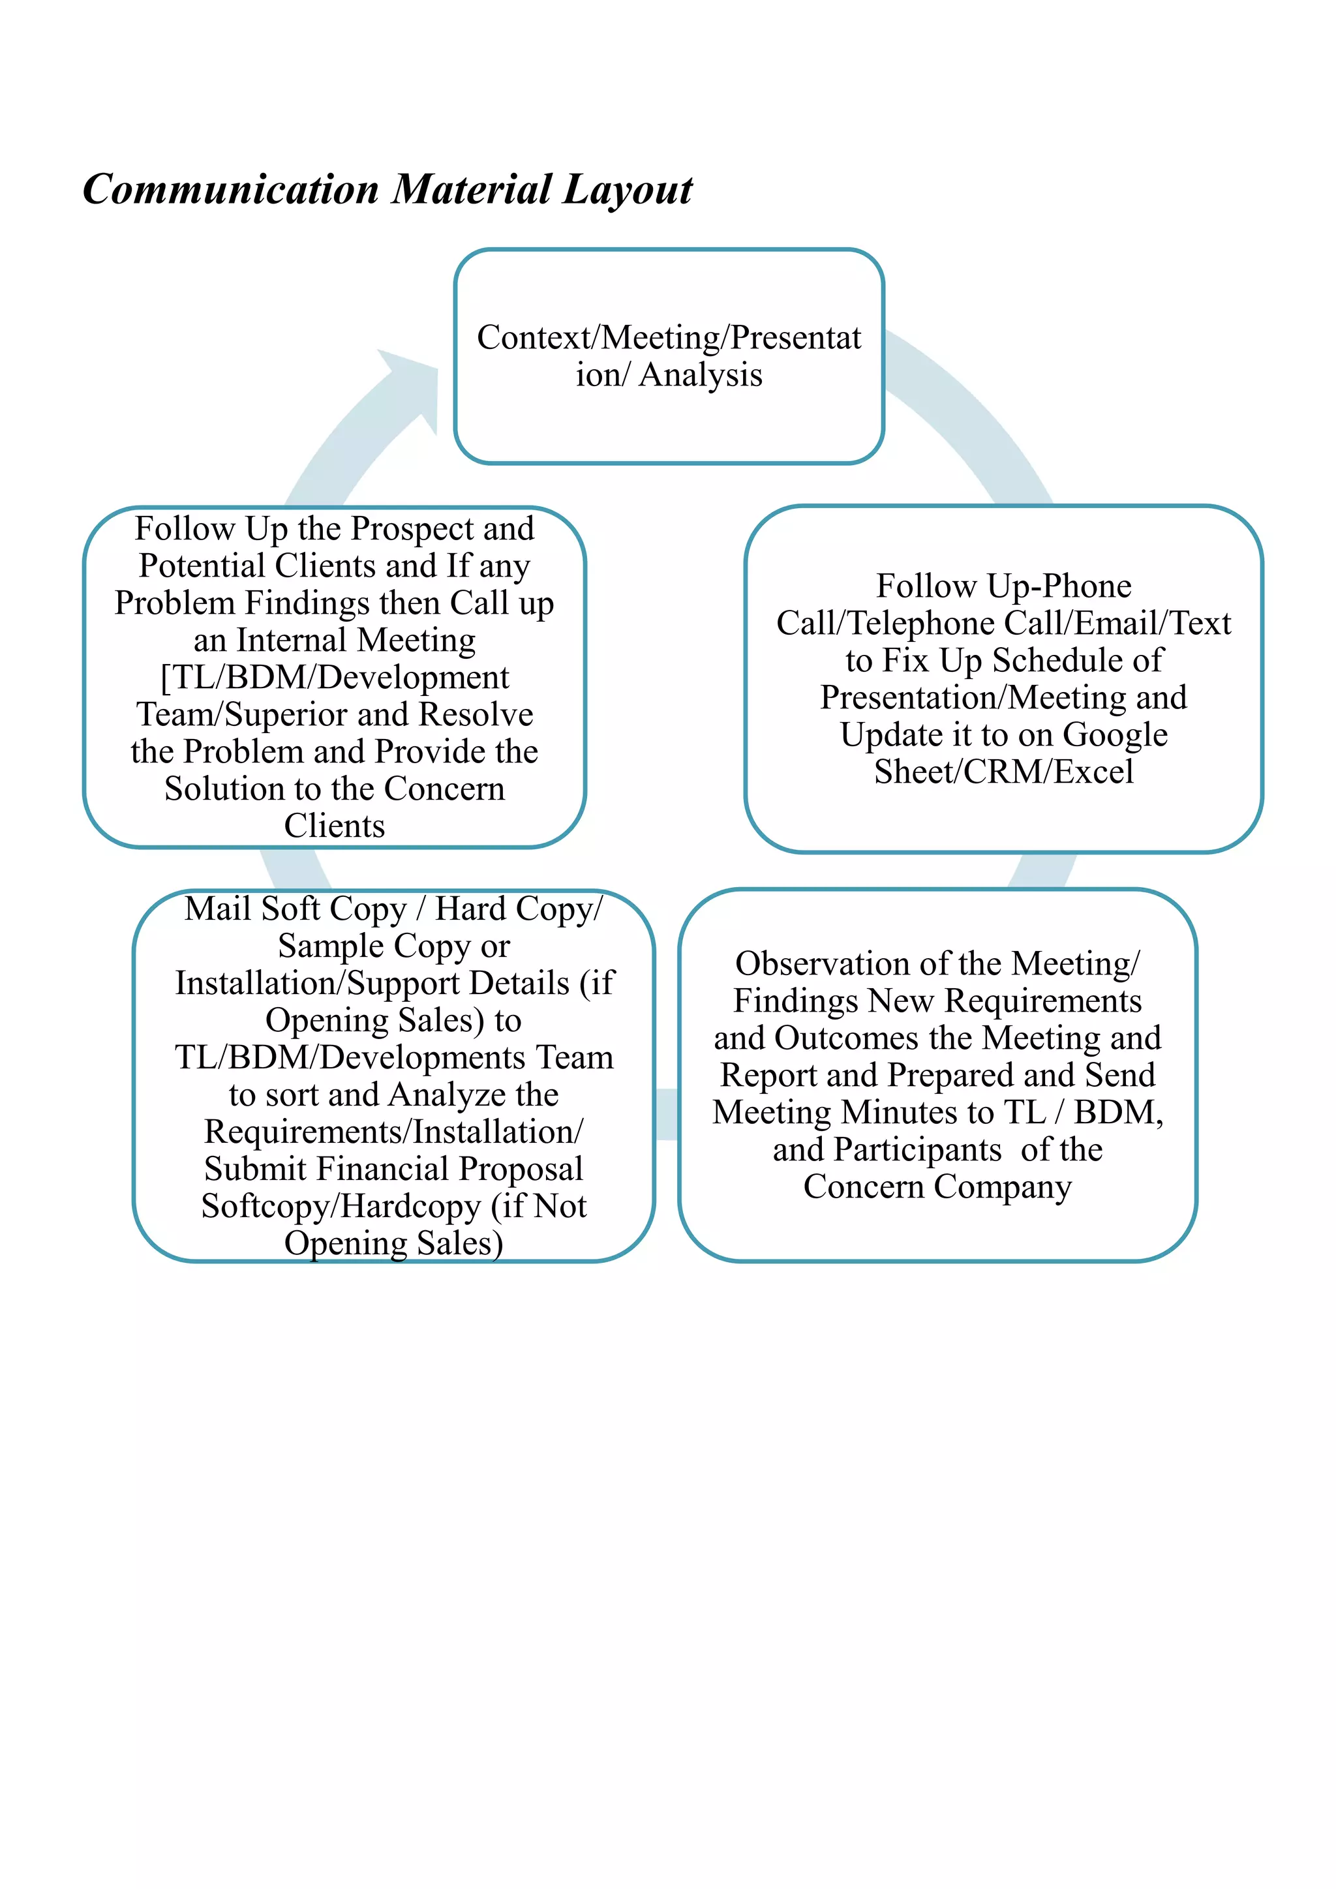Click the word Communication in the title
[230, 190]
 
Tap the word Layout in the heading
[628, 190]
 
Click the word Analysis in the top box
[700, 374]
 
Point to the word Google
[1115, 734]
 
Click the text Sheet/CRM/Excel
[1004, 772]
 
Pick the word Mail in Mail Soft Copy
[217, 909]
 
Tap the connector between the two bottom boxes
[666, 1115]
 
